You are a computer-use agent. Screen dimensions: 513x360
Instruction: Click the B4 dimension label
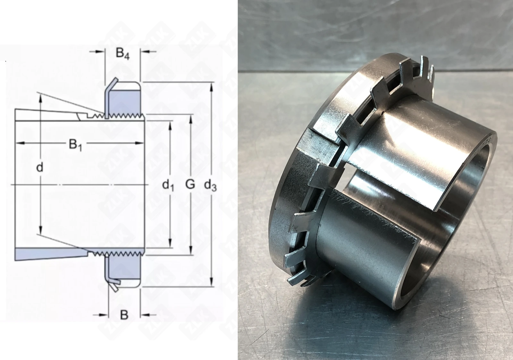[122, 54]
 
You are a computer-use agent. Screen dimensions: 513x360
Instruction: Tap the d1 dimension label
[168, 185]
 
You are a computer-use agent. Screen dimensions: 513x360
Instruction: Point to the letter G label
[190, 184]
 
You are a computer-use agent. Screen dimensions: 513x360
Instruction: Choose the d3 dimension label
[210, 185]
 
